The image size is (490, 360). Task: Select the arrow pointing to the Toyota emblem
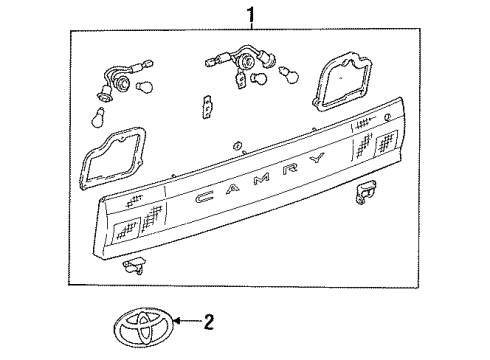[188, 322]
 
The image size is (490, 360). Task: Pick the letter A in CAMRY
[232, 189]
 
